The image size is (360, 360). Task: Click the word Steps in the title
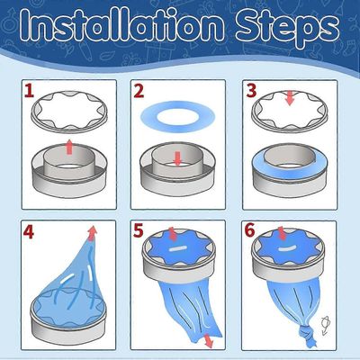tap(288, 29)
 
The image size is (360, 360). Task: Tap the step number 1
tap(29, 91)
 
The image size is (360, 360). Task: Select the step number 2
tap(139, 91)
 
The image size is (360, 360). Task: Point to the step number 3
tap(251, 91)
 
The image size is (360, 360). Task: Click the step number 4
tap(28, 232)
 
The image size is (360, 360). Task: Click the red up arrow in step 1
tap(69, 147)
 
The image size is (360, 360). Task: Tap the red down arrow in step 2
tap(178, 158)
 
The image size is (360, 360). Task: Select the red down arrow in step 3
tap(290, 98)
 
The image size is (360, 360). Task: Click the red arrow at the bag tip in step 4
tap(93, 233)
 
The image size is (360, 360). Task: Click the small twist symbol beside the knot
tap(326, 325)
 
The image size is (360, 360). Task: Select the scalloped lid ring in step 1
tap(70, 129)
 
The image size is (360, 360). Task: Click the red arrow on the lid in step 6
tap(282, 234)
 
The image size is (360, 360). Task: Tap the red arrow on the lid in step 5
tap(173, 234)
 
